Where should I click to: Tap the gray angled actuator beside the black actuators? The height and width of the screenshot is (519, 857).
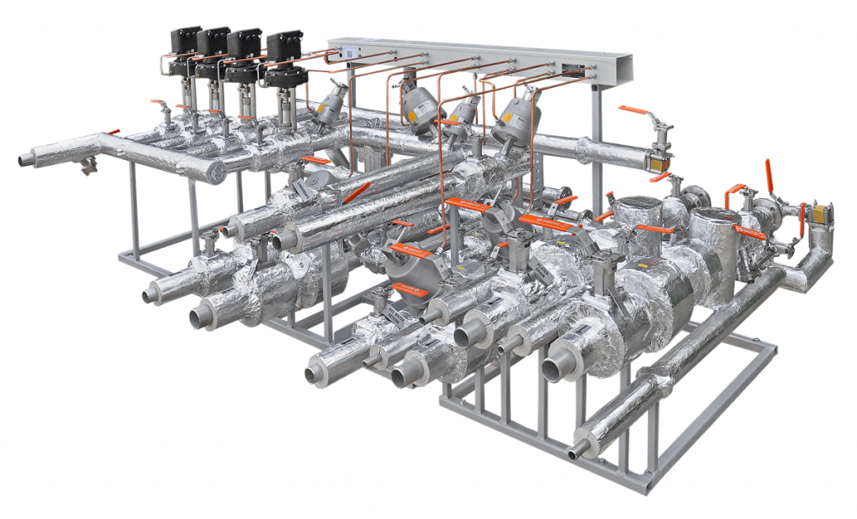(x=331, y=105)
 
